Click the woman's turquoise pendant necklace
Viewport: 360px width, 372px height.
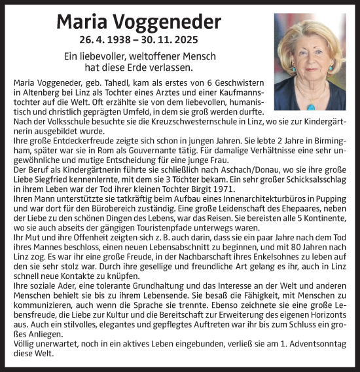coord(310,105)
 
